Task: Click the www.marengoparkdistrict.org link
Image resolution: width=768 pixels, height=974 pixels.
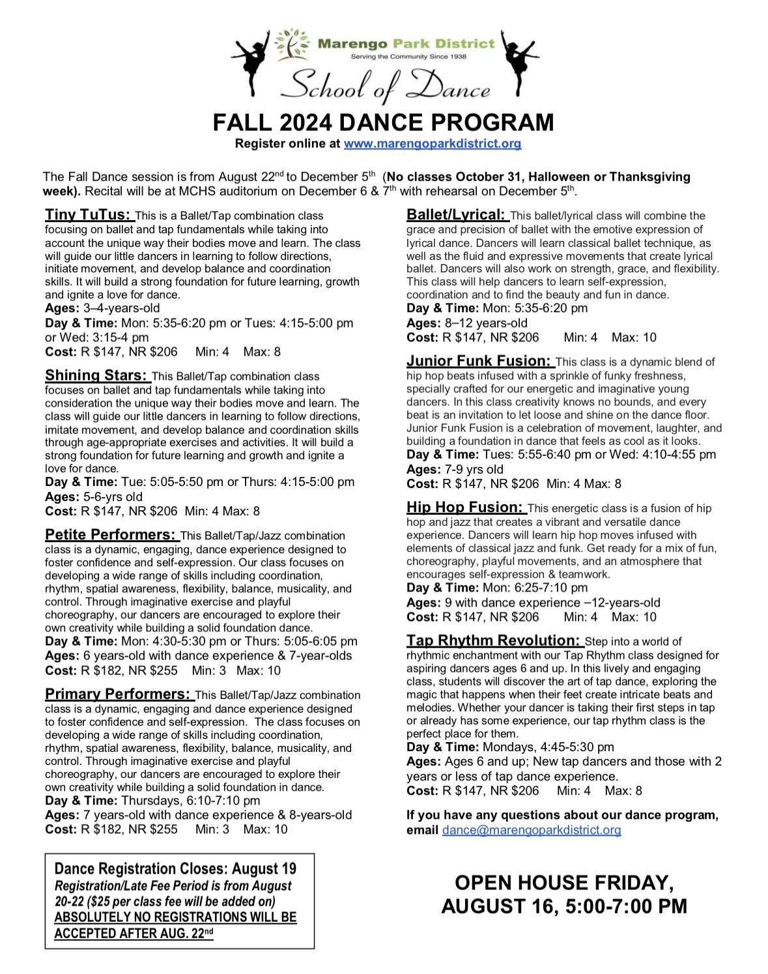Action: (432, 143)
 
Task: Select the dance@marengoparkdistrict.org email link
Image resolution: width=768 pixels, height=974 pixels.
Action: (531, 830)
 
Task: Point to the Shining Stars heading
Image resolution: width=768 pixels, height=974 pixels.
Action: (96, 375)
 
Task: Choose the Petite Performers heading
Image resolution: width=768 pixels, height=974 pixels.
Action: (111, 535)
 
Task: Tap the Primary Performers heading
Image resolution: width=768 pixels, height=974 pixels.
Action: (118, 694)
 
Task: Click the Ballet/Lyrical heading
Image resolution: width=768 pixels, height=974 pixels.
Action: (456, 214)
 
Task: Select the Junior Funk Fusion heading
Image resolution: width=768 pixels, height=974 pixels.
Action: (479, 361)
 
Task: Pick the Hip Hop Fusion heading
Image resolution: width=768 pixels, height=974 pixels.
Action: (464, 507)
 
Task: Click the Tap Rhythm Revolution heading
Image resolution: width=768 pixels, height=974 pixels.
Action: (493, 640)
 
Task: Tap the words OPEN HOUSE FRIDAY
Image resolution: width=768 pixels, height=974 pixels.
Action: (564, 883)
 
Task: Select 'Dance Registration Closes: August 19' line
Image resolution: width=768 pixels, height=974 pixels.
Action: (175, 869)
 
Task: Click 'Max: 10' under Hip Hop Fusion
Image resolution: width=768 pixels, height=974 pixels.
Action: (634, 617)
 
